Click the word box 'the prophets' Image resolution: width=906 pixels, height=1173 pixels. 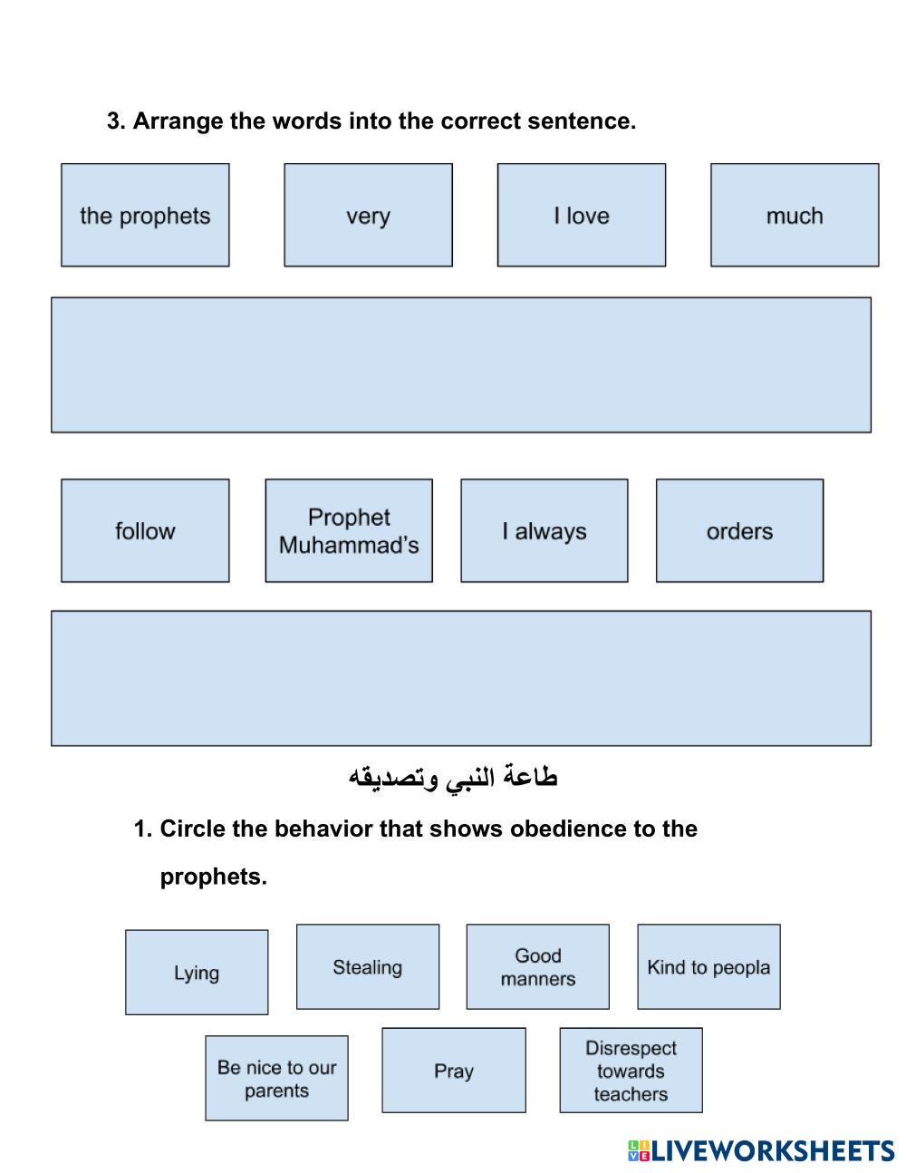[x=145, y=216]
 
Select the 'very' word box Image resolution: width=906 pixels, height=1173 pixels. [x=368, y=216]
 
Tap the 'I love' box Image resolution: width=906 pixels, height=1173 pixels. [x=581, y=216]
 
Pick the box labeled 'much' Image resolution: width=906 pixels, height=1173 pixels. [x=795, y=216]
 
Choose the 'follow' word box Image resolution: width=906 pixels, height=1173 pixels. [x=145, y=531]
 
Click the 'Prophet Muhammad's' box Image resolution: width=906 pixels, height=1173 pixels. [x=349, y=531]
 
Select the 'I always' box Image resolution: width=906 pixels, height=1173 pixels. [x=544, y=531]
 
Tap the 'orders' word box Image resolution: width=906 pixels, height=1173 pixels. [x=739, y=531]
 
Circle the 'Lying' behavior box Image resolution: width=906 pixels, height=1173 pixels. [x=197, y=973]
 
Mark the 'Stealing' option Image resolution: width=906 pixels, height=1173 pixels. [x=367, y=967]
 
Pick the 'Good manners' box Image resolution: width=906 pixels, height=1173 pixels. [x=537, y=967]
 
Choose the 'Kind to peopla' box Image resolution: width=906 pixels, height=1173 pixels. [x=708, y=967]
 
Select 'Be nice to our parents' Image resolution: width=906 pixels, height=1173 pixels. [x=276, y=1079]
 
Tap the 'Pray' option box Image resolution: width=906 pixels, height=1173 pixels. [x=453, y=1071]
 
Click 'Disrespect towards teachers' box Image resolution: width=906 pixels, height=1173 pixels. [x=631, y=1071]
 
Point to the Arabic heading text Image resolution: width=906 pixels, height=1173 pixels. [x=453, y=778]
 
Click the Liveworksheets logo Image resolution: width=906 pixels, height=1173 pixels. [x=760, y=1151]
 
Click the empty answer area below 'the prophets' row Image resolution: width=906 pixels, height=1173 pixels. [x=460, y=364]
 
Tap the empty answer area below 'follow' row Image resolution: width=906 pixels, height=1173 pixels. [x=460, y=678]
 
